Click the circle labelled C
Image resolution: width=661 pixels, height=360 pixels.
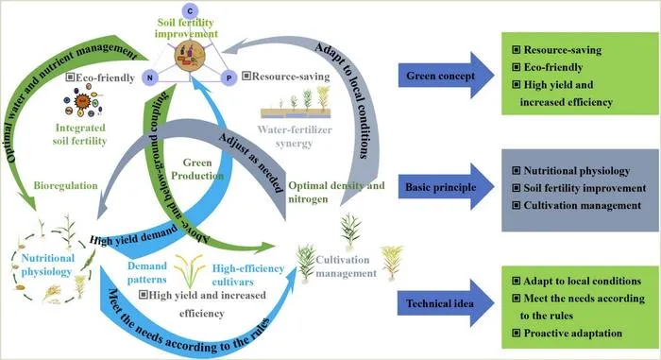pos(190,11)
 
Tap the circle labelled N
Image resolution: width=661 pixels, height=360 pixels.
pos(150,77)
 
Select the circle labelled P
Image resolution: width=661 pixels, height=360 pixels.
pos(229,77)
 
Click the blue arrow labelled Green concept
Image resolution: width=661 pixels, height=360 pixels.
pos(446,76)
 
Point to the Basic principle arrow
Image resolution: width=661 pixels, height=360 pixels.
pos(446,187)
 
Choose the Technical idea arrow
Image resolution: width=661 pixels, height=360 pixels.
pos(446,303)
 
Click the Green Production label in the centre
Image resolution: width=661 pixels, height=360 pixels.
pos(197,169)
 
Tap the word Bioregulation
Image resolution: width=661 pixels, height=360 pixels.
pos(65,186)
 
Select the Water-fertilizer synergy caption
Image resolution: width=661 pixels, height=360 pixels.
pos(295,136)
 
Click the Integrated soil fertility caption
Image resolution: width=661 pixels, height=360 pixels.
pos(80,134)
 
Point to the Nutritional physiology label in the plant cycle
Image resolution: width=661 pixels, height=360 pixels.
pos(47,265)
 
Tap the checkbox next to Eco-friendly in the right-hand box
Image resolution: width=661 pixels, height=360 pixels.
pos(516,67)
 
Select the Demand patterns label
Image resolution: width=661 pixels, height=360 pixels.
pos(147,273)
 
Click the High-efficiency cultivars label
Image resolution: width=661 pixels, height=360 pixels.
pos(247,275)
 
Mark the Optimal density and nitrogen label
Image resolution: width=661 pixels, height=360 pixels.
pos(336,192)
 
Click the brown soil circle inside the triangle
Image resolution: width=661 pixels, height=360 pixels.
pos(190,56)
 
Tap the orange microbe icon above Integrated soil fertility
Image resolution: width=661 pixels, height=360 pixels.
pos(82,101)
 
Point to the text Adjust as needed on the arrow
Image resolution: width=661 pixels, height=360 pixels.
pos(251,163)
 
